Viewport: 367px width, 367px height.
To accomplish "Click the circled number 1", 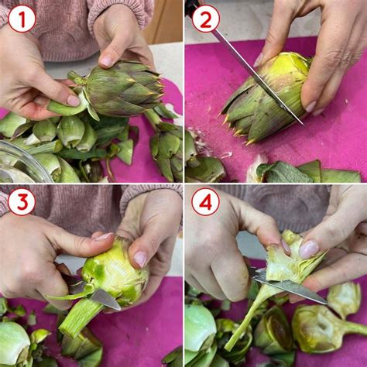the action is (22, 19).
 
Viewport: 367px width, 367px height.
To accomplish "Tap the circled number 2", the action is (206, 19).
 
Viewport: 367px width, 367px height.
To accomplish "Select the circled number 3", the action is (22, 202).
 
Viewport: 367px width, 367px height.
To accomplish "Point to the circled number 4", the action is (206, 202).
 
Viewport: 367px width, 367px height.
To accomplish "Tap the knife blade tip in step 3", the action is (120, 309).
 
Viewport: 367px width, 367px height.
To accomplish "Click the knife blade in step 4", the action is (288, 285).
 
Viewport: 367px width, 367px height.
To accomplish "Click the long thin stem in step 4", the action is (248, 318).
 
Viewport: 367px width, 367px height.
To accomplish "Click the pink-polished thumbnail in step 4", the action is (309, 249).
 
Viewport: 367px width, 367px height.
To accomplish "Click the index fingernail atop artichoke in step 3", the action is (104, 236).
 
